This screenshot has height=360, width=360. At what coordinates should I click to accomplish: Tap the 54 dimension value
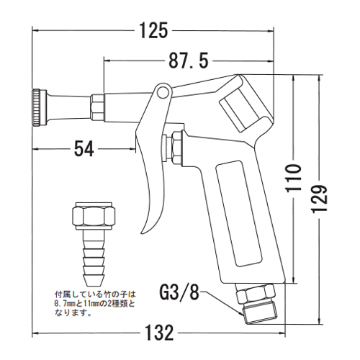click(x=84, y=149)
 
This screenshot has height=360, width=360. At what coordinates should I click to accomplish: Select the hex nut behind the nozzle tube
click(x=97, y=106)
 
